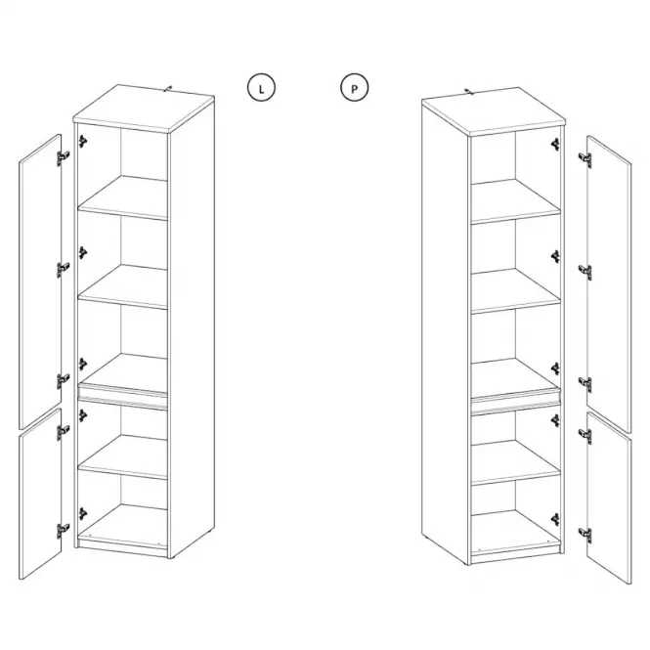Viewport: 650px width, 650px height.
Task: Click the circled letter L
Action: (x=261, y=87)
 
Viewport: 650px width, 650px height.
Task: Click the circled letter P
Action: (x=354, y=87)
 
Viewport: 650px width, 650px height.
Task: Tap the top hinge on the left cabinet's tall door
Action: (x=63, y=157)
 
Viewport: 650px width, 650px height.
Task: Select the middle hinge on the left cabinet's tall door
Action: (x=63, y=270)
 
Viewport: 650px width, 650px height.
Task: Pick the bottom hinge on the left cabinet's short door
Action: (x=63, y=531)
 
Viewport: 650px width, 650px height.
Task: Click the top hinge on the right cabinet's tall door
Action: (x=585, y=159)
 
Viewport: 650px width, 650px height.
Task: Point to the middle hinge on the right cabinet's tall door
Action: (x=585, y=272)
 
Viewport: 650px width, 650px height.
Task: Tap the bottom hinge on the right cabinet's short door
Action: (x=585, y=536)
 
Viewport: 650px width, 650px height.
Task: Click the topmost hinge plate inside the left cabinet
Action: (x=83, y=142)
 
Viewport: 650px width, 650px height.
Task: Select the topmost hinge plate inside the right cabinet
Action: (x=555, y=145)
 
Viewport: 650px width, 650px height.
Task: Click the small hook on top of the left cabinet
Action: (x=168, y=88)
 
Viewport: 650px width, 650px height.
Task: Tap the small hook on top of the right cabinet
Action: (x=467, y=90)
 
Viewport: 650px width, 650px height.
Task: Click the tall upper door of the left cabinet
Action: (x=40, y=282)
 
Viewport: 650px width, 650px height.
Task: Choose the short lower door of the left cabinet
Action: (x=40, y=494)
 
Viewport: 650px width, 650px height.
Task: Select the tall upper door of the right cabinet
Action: (x=609, y=284)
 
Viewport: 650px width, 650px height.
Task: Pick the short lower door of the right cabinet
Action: (x=609, y=498)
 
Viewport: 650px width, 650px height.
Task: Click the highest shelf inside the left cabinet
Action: (x=123, y=197)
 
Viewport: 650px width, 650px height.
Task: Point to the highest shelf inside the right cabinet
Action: (x=516, y=201)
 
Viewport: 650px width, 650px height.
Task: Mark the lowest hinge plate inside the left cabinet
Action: (x=83, y=514)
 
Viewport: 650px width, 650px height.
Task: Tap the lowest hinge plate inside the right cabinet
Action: (x=555, y=519)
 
